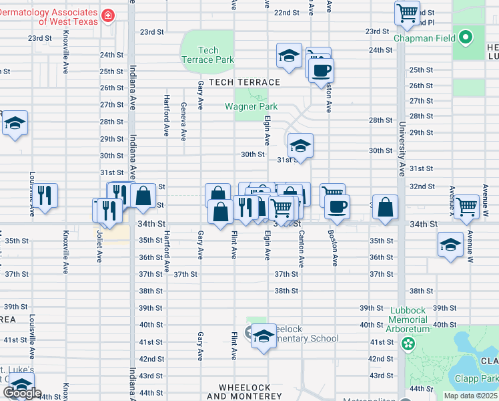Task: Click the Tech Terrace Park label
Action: (208, 55)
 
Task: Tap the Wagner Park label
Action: (250, 106)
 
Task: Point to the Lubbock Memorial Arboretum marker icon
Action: (408, 346)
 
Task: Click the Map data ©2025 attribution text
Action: (470, 396)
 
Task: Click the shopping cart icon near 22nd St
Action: (407, 12)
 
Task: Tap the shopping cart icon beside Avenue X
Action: (466, 206)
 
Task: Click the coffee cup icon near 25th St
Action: (321, 70)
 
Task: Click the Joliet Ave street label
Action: (99, 247)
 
